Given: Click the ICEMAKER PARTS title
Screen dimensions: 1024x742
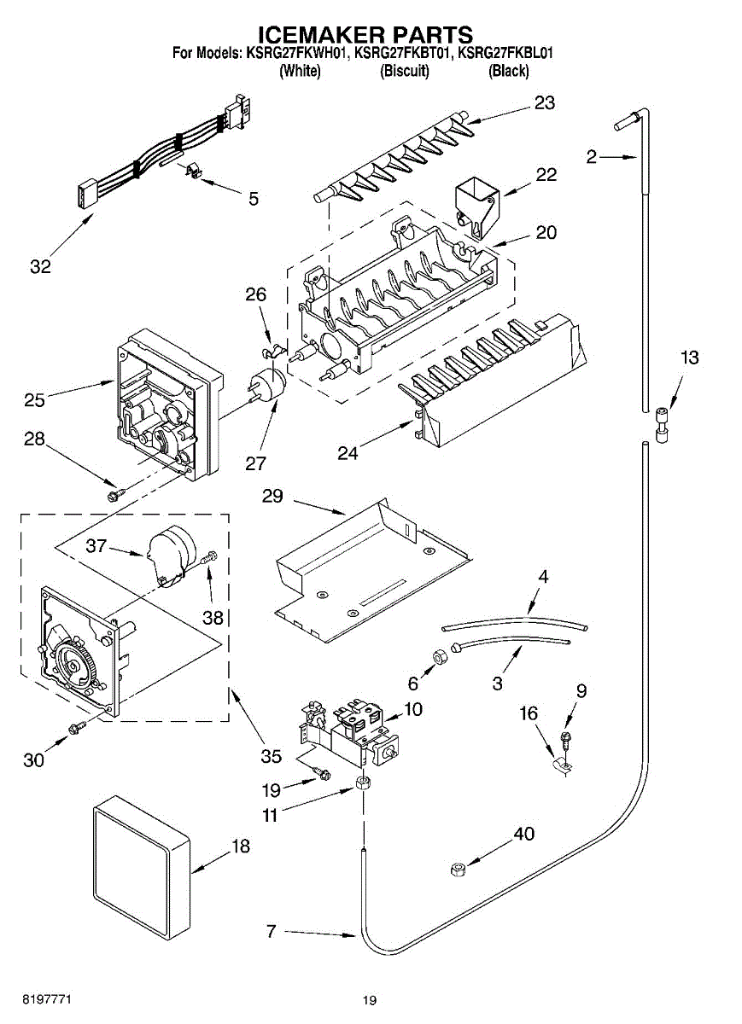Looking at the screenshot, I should point(365,34).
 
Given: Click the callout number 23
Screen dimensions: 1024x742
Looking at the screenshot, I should point(545,103).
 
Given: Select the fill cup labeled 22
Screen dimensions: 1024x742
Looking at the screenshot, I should point(476,204).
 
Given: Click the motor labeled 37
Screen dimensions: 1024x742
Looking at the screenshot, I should point(169,555).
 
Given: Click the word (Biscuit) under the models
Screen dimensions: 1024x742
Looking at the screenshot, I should point(404,72).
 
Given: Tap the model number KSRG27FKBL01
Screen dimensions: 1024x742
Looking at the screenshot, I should point(505,53).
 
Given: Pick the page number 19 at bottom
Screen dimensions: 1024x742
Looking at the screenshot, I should point(369,1000).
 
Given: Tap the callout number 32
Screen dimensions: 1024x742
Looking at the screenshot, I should point(40,266).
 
